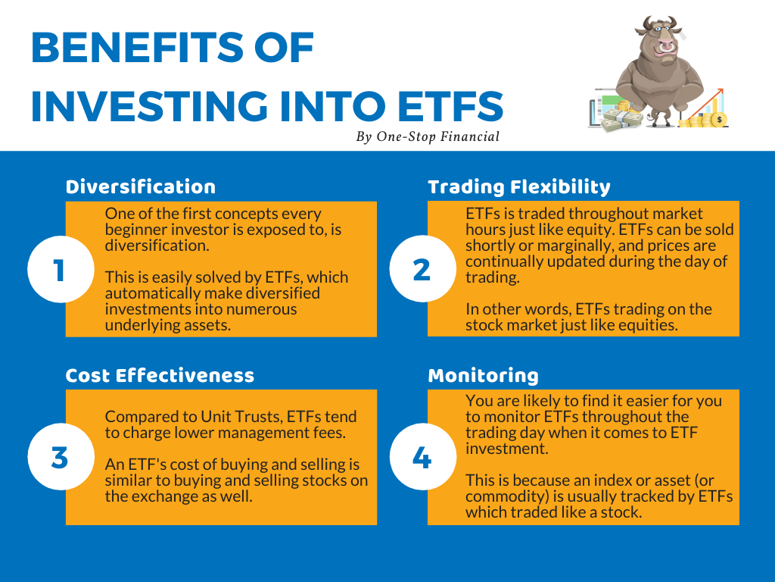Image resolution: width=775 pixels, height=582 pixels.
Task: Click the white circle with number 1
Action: [61, 269]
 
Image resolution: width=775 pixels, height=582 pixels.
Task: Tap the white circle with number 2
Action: [422, 269]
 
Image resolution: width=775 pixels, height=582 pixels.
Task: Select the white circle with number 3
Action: [61, 457]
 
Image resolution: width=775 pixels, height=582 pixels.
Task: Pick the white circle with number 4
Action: [422, 457]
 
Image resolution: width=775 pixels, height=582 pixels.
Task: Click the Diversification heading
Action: [140, 187]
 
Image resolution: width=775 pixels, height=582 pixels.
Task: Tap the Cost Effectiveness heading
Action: [160, 376]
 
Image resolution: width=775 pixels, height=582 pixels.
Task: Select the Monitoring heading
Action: [483, 376]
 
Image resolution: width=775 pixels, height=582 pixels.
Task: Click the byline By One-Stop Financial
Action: [428, 136]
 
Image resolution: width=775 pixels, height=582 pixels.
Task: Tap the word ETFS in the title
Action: [450, 106]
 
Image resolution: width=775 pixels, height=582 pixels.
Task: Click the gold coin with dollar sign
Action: [719, 120]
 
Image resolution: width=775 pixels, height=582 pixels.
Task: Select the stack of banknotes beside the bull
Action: [621, 120]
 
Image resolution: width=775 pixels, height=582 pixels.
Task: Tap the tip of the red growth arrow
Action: [723, 89]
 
